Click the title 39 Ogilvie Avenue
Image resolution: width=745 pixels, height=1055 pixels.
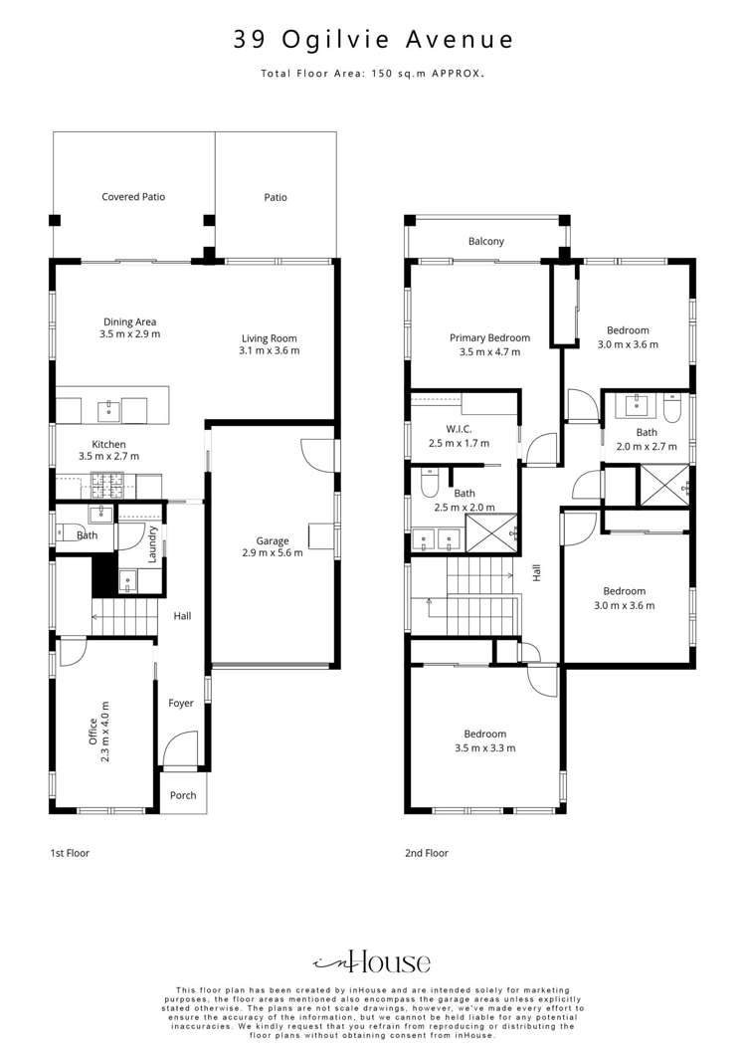click(x=373, y=40)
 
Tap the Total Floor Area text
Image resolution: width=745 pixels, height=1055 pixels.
click(x=373, y=74)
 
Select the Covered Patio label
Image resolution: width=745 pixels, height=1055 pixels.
click(x=133, y=197)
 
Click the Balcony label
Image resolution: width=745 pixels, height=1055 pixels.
click(x=486, y=242)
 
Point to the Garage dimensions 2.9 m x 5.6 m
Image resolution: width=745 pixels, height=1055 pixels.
click(x=273, y=552)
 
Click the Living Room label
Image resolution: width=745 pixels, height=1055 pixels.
click(x=269, y=336)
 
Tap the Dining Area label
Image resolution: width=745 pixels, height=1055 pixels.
click(x=130, y=321)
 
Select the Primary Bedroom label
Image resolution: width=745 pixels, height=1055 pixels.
click(x=489, y=337)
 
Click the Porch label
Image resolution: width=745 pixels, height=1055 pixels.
click(x=183, y=795)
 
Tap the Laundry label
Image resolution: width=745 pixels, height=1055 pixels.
click(x=153, y=550)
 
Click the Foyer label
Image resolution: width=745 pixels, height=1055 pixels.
click(x=181, y=703)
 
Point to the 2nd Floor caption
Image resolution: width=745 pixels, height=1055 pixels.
click(x=426, y=853)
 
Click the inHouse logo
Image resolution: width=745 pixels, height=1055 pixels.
click(x=372, y=961)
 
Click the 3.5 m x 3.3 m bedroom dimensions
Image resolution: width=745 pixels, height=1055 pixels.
click(x=485, y=748)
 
